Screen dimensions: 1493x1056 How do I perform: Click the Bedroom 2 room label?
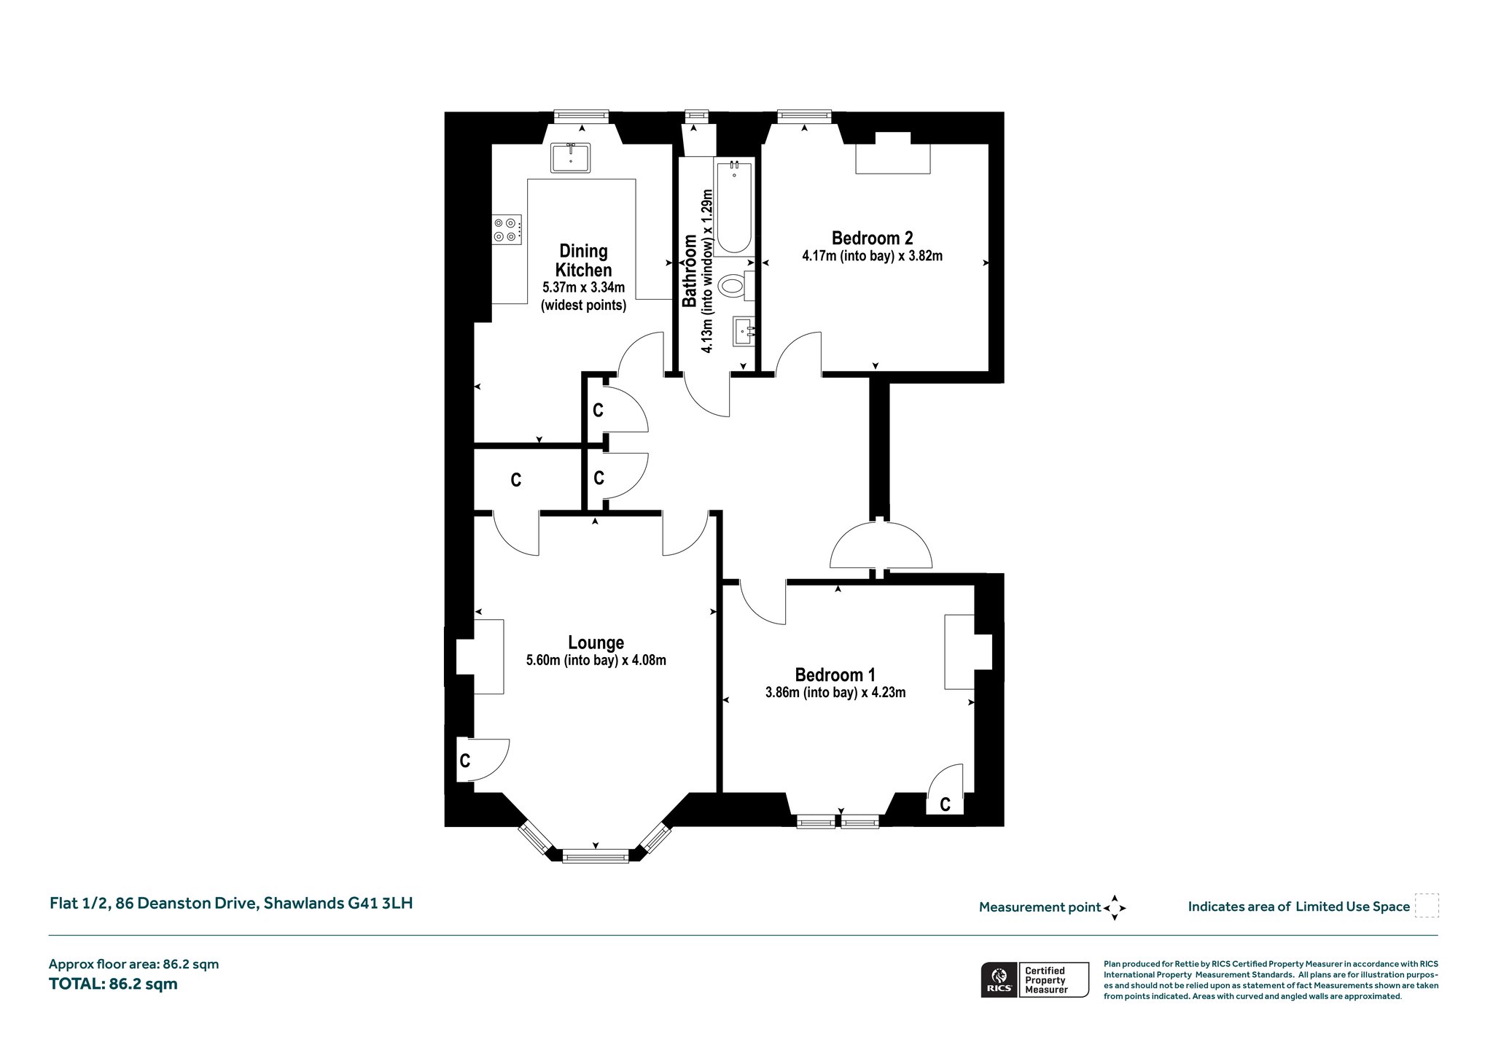872,238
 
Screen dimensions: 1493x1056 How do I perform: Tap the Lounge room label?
596,642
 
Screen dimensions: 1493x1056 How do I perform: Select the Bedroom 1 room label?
835,675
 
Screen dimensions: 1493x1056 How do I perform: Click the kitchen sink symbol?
571,158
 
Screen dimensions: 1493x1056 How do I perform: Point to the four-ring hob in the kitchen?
507,229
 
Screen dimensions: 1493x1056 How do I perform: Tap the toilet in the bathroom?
736,285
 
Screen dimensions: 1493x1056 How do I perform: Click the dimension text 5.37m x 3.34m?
583,287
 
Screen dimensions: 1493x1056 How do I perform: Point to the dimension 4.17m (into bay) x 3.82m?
872,256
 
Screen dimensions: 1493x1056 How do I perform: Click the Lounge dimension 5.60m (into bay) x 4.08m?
596,661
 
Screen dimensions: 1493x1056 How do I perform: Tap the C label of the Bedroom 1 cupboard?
945,804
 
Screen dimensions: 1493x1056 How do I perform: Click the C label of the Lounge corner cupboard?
464,761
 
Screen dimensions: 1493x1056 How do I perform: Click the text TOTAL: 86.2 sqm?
113,984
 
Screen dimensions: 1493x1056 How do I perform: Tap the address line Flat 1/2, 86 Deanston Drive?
153,903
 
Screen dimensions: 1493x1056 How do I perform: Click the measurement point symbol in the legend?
1115,908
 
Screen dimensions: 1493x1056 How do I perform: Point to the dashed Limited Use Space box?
1427,906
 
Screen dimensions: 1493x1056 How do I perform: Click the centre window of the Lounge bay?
596,856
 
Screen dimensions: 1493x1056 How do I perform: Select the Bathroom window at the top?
696,115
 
